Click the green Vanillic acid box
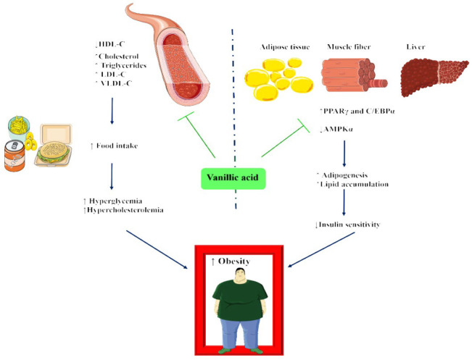click(233, 178)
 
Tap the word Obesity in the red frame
click(234, 261)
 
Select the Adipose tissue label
click(285, 47)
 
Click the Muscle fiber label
click(349, 47)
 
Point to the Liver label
click(415, 47)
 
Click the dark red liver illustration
click(434, 77)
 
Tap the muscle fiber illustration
click(354, 75)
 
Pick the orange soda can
click(15, 156)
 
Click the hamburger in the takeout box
click(53, 151)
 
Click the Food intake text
click(117, 146)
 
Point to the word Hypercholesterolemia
click(125, 210)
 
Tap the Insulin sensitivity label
click(349, 225)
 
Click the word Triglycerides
click(123, 65)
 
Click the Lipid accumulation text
click(354, 184)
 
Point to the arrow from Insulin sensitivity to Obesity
click(321, 249)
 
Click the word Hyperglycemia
click(115, 201)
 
